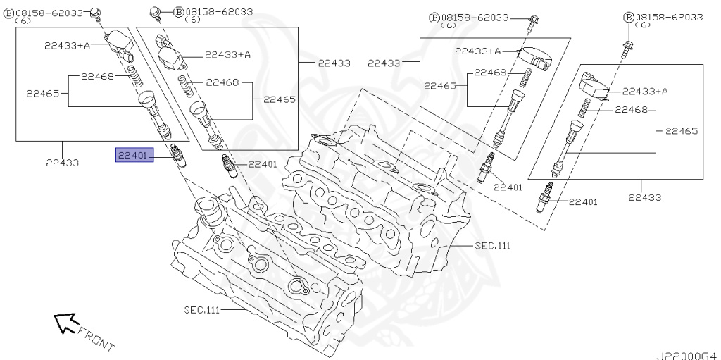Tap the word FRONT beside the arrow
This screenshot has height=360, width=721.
click(96, 338)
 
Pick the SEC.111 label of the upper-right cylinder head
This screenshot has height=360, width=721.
click(492, 246)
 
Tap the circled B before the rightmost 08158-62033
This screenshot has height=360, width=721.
click(628, 17)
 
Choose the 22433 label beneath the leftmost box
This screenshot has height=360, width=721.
click(62, 162)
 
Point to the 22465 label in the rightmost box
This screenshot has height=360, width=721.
click(681, 130)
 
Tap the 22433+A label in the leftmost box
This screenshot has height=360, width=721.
click(68, 46)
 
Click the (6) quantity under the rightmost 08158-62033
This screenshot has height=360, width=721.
click(643, 25)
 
